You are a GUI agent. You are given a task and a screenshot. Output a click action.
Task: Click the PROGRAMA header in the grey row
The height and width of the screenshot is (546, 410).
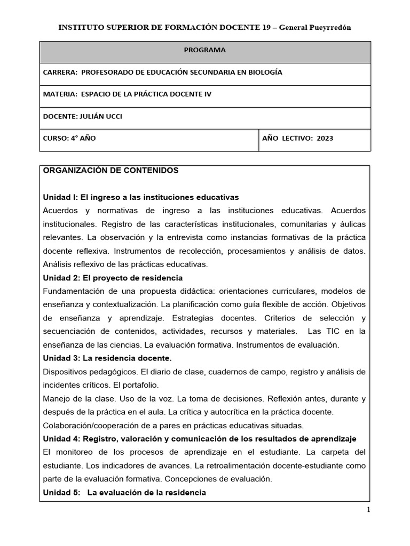(x=204, y=50)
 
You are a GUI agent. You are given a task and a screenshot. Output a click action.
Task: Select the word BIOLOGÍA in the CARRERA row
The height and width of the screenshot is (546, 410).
(x=264, y=72)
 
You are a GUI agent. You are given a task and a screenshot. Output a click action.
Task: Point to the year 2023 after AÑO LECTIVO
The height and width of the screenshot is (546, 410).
(x=325, y=138)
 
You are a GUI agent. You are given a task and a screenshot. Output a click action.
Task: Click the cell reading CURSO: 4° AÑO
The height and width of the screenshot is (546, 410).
(x=69, y=138)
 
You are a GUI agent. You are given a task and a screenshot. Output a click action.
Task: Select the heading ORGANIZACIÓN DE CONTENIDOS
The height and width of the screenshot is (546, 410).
(x=111, y=171)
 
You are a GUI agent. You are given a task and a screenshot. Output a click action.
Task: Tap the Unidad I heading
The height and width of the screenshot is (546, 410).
(x=140, y=197)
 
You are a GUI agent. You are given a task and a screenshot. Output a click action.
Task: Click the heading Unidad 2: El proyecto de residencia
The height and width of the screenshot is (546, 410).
(x=113, y=278)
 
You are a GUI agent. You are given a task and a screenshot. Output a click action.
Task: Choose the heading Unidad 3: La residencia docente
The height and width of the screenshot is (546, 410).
(x=107, y=358)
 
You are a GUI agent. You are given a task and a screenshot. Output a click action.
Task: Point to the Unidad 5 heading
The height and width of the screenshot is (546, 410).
(x=124, y=492)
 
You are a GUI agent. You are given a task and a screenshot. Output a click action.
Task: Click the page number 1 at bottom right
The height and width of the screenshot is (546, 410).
(x=368, y=510)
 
